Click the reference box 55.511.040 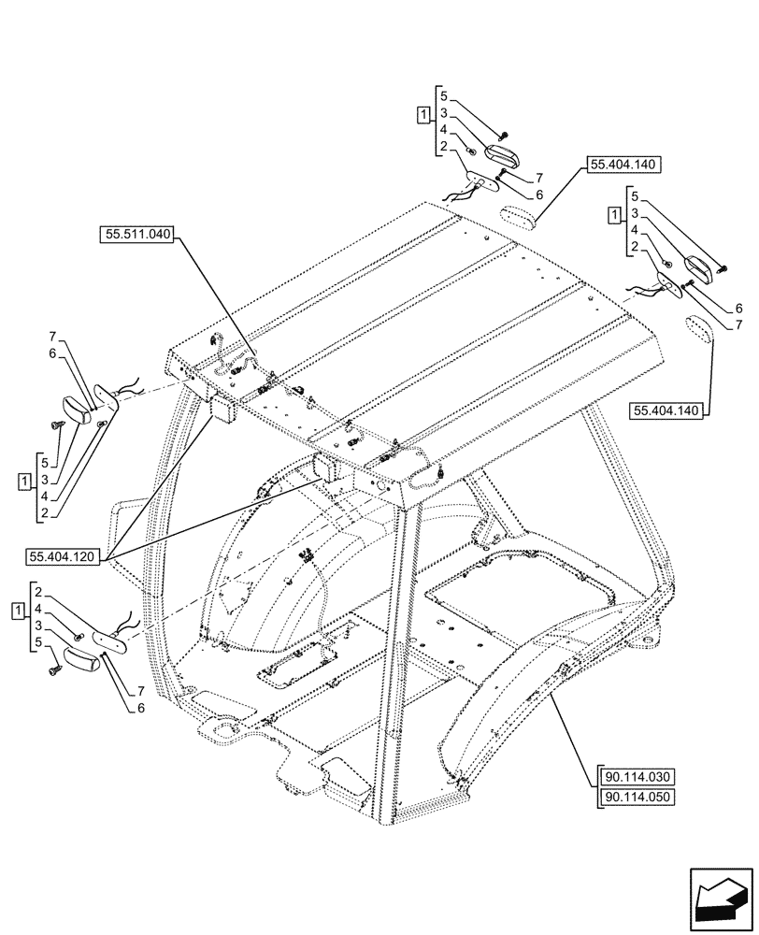click(136, 235)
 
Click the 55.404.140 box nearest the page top click(623, 165)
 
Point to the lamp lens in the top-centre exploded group click(502, 155)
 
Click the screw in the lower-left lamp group click(54, 668)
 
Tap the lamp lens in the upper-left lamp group click(78, 409)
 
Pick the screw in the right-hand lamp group click(722, 269)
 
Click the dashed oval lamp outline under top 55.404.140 click(515, 216)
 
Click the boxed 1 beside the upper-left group click(23, 481)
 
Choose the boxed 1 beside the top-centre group click(423, 114)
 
